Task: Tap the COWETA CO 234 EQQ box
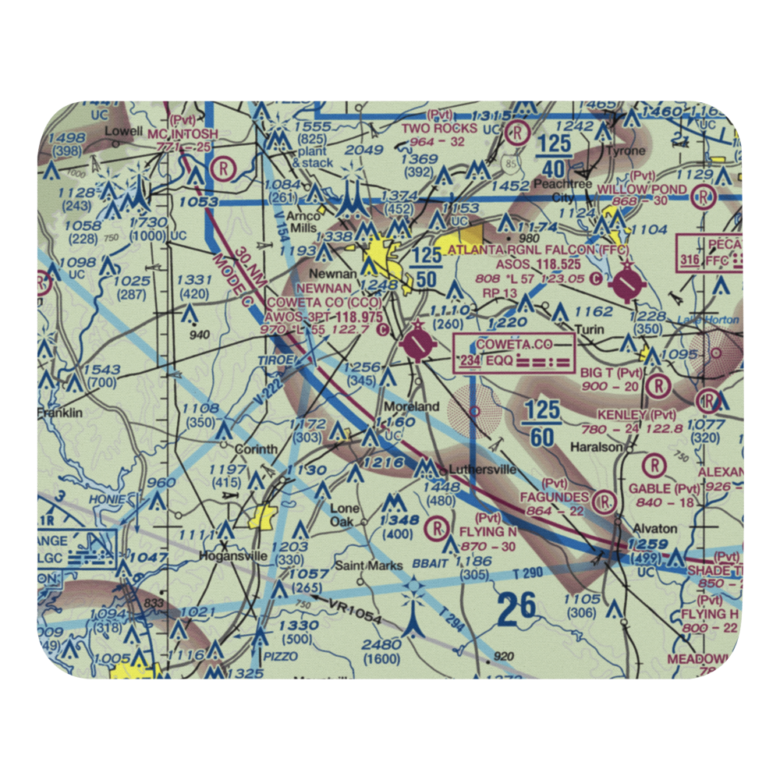tap(515, 352)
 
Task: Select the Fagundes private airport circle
tap(604, 500)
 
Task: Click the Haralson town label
tap(595, 447)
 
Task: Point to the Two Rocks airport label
tap(439, 128)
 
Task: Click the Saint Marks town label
tap(369, 565)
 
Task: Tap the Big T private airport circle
tap(659, 385)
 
